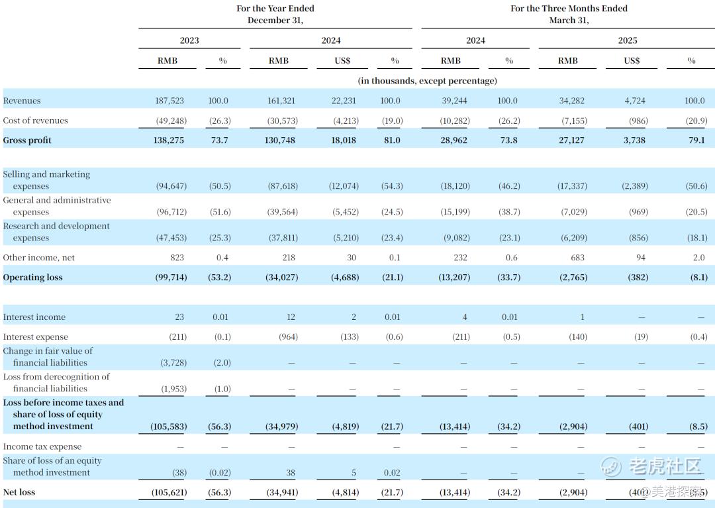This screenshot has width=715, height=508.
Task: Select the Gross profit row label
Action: pyautogui.click(x=27, y=140)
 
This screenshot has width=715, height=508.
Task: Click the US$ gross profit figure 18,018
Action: pyautogui.click(x=344, y=140)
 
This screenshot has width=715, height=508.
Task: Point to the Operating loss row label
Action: pyautogui.click(x=33, y=278)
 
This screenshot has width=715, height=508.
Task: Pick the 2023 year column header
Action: pyautogui.click(x=189, y=40)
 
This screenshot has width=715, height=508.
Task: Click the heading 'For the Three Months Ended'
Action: pyautogui.click(x=569, y=8)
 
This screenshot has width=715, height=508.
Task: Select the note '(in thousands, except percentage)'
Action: pyautogui.click(x=427, y=81)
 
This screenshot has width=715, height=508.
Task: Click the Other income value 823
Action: pyautogui.click(x=177, y=258)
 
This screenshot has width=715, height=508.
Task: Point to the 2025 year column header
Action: pyautogui.click(x=628, y=40)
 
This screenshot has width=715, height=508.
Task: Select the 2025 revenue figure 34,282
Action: pyautogui.click(x=571, y=101)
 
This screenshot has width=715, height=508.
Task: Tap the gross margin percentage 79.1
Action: pyautogui.click(x=696, y=140)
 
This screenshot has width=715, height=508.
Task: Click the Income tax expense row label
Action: pyautogui.click(x=42, y=446)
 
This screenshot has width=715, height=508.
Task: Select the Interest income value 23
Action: pyautogui.click(x=179, y=317)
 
